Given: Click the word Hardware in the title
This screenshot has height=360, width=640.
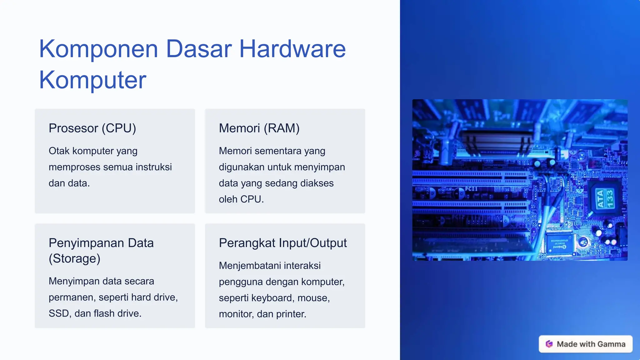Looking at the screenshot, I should [292, 49].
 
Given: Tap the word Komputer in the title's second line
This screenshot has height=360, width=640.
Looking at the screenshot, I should [92, 80].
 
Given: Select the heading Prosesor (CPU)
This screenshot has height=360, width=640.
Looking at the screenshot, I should [92, 128].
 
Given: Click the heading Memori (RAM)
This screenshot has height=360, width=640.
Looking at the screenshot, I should [259, 128].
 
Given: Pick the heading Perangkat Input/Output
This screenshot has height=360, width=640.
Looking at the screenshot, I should [283, 243].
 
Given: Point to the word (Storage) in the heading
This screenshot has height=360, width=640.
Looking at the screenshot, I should [74, 258].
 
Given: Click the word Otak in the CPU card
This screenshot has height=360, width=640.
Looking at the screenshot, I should [59, 151].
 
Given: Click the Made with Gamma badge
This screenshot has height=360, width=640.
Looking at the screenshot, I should [585, 344].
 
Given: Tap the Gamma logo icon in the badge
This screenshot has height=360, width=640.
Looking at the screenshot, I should [549, 344].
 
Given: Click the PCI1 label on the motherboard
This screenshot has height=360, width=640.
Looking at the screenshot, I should [471, 189].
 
